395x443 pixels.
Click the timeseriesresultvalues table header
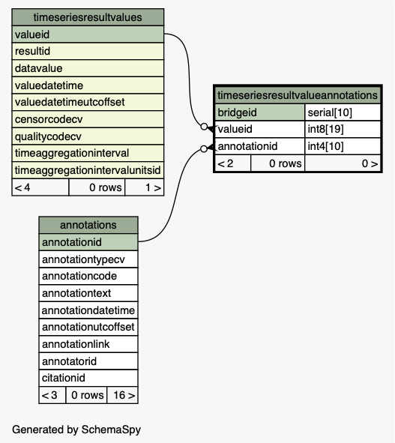pyautogui.click(x=88, y=17)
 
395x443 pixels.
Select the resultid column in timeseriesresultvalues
pyautogui.click(x=88, y=51)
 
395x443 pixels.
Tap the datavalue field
pyautogui.click(x=88, y=68)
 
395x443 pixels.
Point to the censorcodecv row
pyautogui.click(x=88, y=119)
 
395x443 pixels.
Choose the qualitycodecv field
pyautogui.click(x=88, y=136)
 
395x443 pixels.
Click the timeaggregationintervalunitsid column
pyautogui.click(x=88, y=170)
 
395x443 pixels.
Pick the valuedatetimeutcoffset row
pyautogui.click(x=88, y=102)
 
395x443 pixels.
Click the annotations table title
pyautogui.click(x=88, y=225)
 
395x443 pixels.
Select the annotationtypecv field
pyautogui.click(x=88, y=259)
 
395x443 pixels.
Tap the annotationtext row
pyautogui.click(x=88, y=293)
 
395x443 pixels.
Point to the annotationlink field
pyautogui.click(x=88, y=344)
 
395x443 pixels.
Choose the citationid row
pyautogui.click(x=88, y=378)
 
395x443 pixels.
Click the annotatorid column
pyautogui.click(x=88, y=361)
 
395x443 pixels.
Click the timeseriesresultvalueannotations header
pyautogui.click(x=298, y=95)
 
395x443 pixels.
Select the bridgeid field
pyautogui.click(x=259, y=112)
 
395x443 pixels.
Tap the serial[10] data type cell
pyautogui.click(x=343, y=112)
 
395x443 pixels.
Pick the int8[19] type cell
pyautogui.click(x=343, y=129)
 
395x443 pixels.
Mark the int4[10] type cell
pyautogui.click(x=343, y=146)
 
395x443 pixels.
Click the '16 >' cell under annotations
pyautogui.click(x=123, y=395)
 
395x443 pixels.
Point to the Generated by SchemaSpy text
pyautogui.click(x=76, y=430)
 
